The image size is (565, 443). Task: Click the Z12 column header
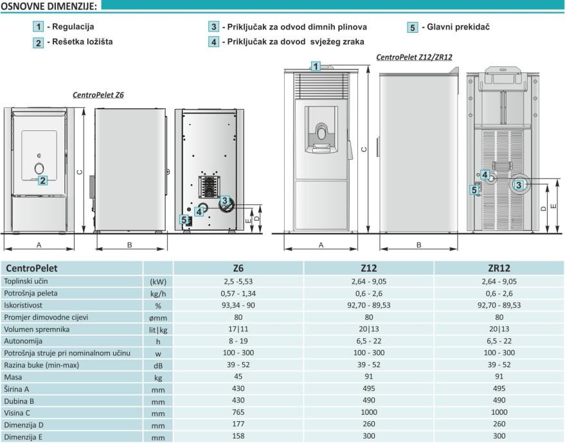tap(368, 268)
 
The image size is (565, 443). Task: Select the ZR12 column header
tap(499, 268)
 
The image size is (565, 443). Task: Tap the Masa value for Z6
tap(238, 376)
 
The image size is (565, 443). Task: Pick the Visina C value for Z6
tap(238, 412)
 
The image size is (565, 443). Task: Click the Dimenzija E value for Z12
tap(368, 436)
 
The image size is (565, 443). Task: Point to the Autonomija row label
tap(23, 341)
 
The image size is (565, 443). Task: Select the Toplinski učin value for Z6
tap(238, 281)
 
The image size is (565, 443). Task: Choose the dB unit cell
tap(158, 365)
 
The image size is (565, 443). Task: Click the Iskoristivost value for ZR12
tap(499, 305)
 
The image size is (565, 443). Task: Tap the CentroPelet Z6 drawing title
tap(98, 95)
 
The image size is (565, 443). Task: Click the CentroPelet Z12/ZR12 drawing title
tap(414, 57)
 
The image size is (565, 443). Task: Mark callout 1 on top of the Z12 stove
tap(316, 66)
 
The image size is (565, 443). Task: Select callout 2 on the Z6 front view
tap(42, 180)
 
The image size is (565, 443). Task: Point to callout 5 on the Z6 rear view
tap(184, 220)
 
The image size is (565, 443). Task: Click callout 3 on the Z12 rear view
tap(519, 185)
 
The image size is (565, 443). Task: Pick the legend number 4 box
tap(213, 42)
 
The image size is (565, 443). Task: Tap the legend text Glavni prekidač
tap(458, 26)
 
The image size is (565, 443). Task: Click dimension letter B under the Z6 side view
tap(130, 245)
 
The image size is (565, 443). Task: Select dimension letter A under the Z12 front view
tap(321, 245)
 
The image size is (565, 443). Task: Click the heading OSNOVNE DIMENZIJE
tap(49, 6)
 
